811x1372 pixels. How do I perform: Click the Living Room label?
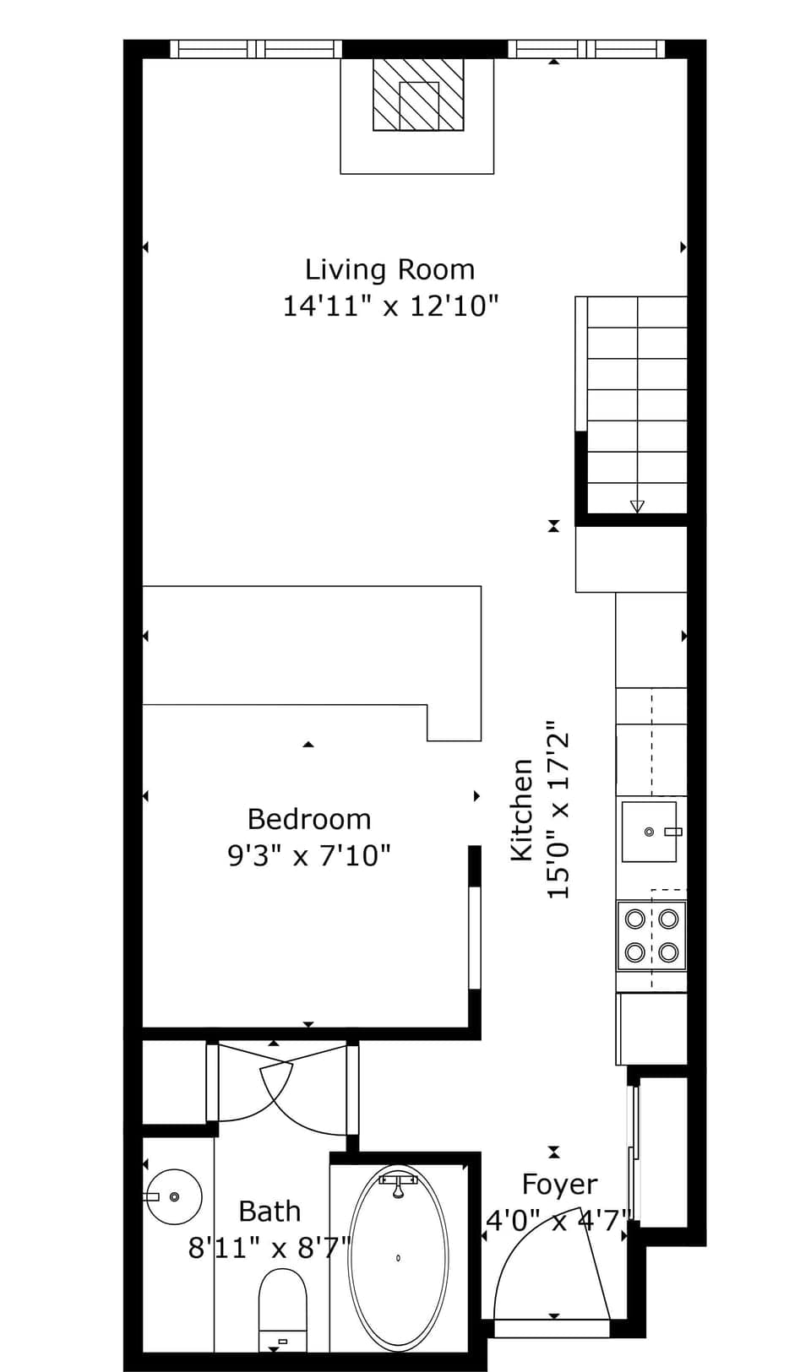(x=389, y=269)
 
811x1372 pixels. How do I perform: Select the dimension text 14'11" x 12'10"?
(x=390, y=306)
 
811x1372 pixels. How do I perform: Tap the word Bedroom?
(x=309, y=819)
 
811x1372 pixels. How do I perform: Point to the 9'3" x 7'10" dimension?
(x=309, y=856)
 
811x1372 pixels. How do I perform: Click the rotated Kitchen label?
(x=522, y=811)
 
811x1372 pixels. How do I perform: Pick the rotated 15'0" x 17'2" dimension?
(x=559, y=811)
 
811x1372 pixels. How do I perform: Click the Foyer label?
(x=559, y=1185)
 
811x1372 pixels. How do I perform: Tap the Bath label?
(x=269, y=1212)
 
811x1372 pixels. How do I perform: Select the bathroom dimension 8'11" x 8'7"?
(x=269, y=1247)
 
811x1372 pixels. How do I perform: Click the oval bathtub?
(x=398, y=1257)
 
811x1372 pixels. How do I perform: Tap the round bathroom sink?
(x=174, y=1196)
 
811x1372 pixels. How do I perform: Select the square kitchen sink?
(x=649, y=832)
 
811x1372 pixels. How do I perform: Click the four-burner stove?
(x=651, y=935)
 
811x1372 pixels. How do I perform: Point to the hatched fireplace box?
(x=419, y=95)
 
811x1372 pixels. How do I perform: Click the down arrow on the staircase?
(x=637, y=506)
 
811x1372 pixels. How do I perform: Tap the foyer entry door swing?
(x=553, y=1266)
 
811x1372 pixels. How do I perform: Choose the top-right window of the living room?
(x=586, y=49)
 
